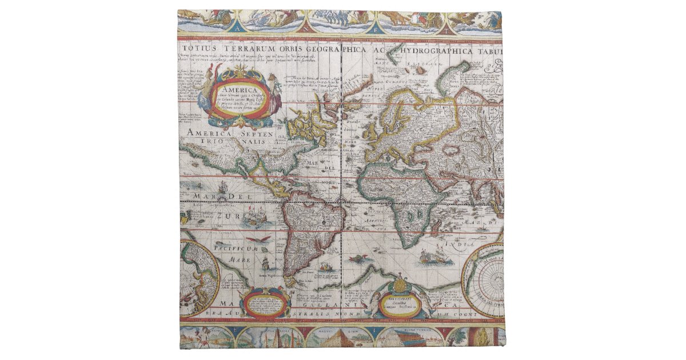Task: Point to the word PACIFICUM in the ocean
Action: pyautogui.click(x=236, y=247)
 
